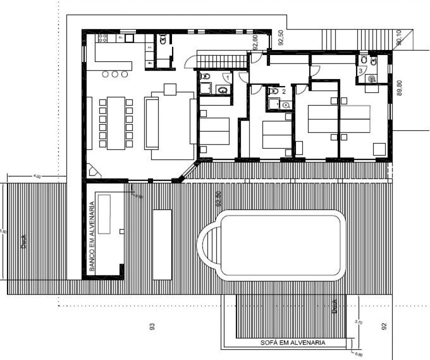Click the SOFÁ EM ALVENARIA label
[x=293, y=343]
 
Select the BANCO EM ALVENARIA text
[x=92, y=236]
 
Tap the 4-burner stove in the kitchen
[x=103, y=37]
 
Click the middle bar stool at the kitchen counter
[x=115, y=74]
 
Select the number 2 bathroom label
[x=283, y=91]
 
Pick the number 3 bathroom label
[x=360, y=71]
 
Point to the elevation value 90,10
[x=399, y=38]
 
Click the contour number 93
[x=152, y=326]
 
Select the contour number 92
[x=384, y=326]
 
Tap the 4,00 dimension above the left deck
[x=37, y=176]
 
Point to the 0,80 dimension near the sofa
[x=358, y=355]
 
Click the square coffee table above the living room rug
[x=170, y=89]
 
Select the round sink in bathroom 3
[x=371, y=78]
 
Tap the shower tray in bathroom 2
[x=273, y=103]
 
